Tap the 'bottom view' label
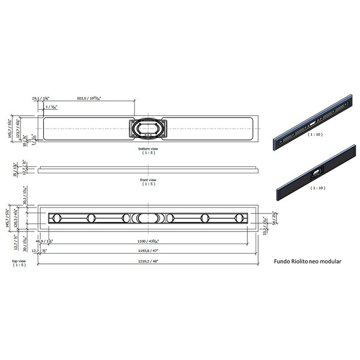click(x=148, y=148)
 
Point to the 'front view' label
click(x=148, y=179)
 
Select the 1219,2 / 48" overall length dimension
click(x=148, y=262)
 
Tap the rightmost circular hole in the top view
click(x=240, y=218)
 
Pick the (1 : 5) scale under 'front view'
click(x=148, y=184)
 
